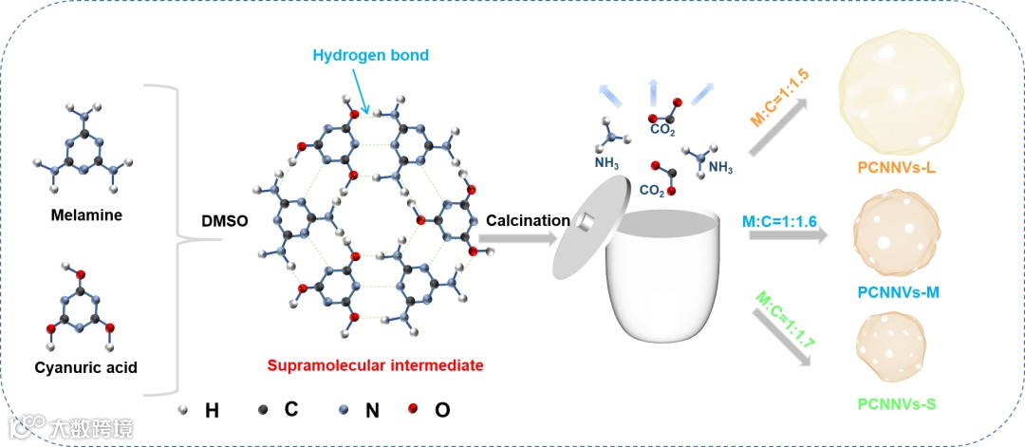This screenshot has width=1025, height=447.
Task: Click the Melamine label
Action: [x=87, y=214]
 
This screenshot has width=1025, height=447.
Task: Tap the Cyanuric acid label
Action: [x=87, y=366]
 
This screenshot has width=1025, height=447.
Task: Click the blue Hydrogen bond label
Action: [x=370, y=55]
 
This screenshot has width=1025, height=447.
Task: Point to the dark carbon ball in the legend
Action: [x=263, y=410]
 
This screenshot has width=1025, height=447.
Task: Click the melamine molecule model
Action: [x=87, y=157]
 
